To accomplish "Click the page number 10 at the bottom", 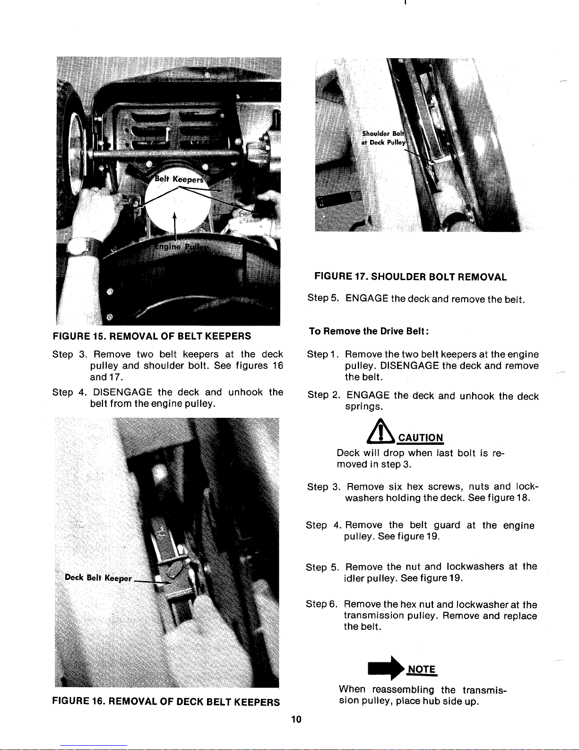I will tap(296, 720).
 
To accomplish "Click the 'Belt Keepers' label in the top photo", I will tap(180, 180).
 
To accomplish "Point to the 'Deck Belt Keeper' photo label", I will tap(98, 578).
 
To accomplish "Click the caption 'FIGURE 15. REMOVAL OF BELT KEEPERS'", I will tap(152, 336).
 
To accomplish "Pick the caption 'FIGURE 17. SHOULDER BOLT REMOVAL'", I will tap(411, 277).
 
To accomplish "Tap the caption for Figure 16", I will tap(166, 702).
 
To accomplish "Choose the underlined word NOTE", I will tap(421, 669).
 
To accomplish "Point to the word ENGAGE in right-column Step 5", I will tap(367, 299).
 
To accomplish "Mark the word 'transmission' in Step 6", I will tap(373, 616).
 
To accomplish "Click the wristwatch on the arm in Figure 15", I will tap(76, 247).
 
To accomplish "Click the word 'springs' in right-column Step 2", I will tap(362, 407).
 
